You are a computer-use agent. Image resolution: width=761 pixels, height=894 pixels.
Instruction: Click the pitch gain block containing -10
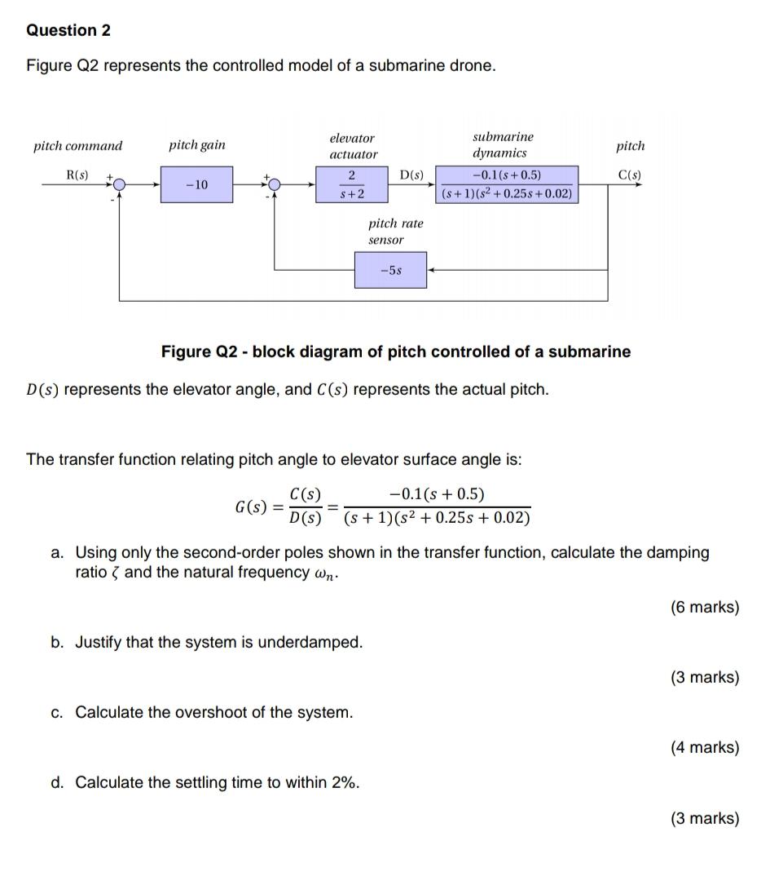point(196,185)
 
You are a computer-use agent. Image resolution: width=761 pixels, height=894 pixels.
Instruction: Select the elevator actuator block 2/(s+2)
point(352,185)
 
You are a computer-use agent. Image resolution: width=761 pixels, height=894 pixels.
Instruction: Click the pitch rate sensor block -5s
point(390,270)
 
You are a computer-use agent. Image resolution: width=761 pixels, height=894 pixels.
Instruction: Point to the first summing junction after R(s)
point(120,185)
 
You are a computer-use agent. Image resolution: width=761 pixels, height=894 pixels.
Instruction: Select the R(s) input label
point(78,175)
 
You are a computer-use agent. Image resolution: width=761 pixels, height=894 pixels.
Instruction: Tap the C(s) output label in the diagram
point(629,175)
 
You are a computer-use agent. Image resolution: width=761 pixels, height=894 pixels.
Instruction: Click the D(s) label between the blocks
point(412,175)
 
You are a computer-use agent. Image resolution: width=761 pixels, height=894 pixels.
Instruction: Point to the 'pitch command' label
point(77,146)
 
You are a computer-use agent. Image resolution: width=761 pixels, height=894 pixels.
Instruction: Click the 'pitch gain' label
point(197,145)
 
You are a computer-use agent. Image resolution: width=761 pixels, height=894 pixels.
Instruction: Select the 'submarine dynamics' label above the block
point(503,144)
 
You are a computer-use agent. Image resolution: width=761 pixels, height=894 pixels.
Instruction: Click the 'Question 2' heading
point(68,30)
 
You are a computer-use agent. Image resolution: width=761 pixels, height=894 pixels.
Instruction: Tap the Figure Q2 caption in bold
point(395,352)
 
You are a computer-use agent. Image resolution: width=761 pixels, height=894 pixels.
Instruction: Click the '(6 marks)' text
point(705,607)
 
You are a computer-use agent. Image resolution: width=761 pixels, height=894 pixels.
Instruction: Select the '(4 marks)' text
point(705,747)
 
